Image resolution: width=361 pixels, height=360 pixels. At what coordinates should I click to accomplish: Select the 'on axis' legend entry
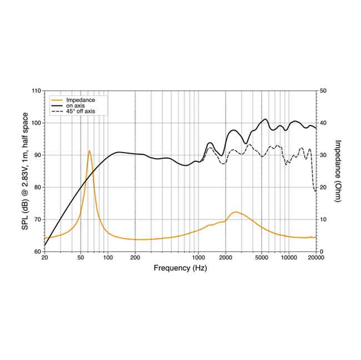74,105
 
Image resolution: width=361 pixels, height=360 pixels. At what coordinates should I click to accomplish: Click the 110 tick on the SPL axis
36,90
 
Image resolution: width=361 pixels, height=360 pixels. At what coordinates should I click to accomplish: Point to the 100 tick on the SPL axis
36,123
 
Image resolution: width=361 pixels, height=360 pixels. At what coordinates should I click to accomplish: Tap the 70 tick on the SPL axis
37,220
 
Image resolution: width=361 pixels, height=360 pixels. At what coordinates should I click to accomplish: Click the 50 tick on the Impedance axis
323,90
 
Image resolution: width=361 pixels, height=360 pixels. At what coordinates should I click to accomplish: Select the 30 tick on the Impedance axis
323,155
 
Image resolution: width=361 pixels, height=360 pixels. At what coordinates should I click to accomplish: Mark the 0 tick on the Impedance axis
321,252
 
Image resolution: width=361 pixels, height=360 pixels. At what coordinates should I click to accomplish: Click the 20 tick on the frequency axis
44,258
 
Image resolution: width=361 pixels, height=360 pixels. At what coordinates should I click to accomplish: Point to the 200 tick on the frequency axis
135,258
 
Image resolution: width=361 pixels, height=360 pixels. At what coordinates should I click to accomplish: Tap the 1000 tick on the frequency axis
198,258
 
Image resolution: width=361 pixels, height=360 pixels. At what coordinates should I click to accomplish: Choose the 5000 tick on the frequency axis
262,258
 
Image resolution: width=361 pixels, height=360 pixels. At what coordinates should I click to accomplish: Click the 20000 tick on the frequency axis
315,258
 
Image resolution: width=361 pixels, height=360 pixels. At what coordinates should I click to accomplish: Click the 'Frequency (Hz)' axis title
180,268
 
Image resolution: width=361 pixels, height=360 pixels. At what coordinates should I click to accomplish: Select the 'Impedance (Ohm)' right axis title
338,171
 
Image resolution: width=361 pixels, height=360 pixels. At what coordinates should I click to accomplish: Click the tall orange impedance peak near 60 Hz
89,151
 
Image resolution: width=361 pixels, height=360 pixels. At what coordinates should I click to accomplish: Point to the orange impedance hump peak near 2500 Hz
235,212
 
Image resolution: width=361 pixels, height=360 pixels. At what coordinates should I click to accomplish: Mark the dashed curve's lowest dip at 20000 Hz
315,191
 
